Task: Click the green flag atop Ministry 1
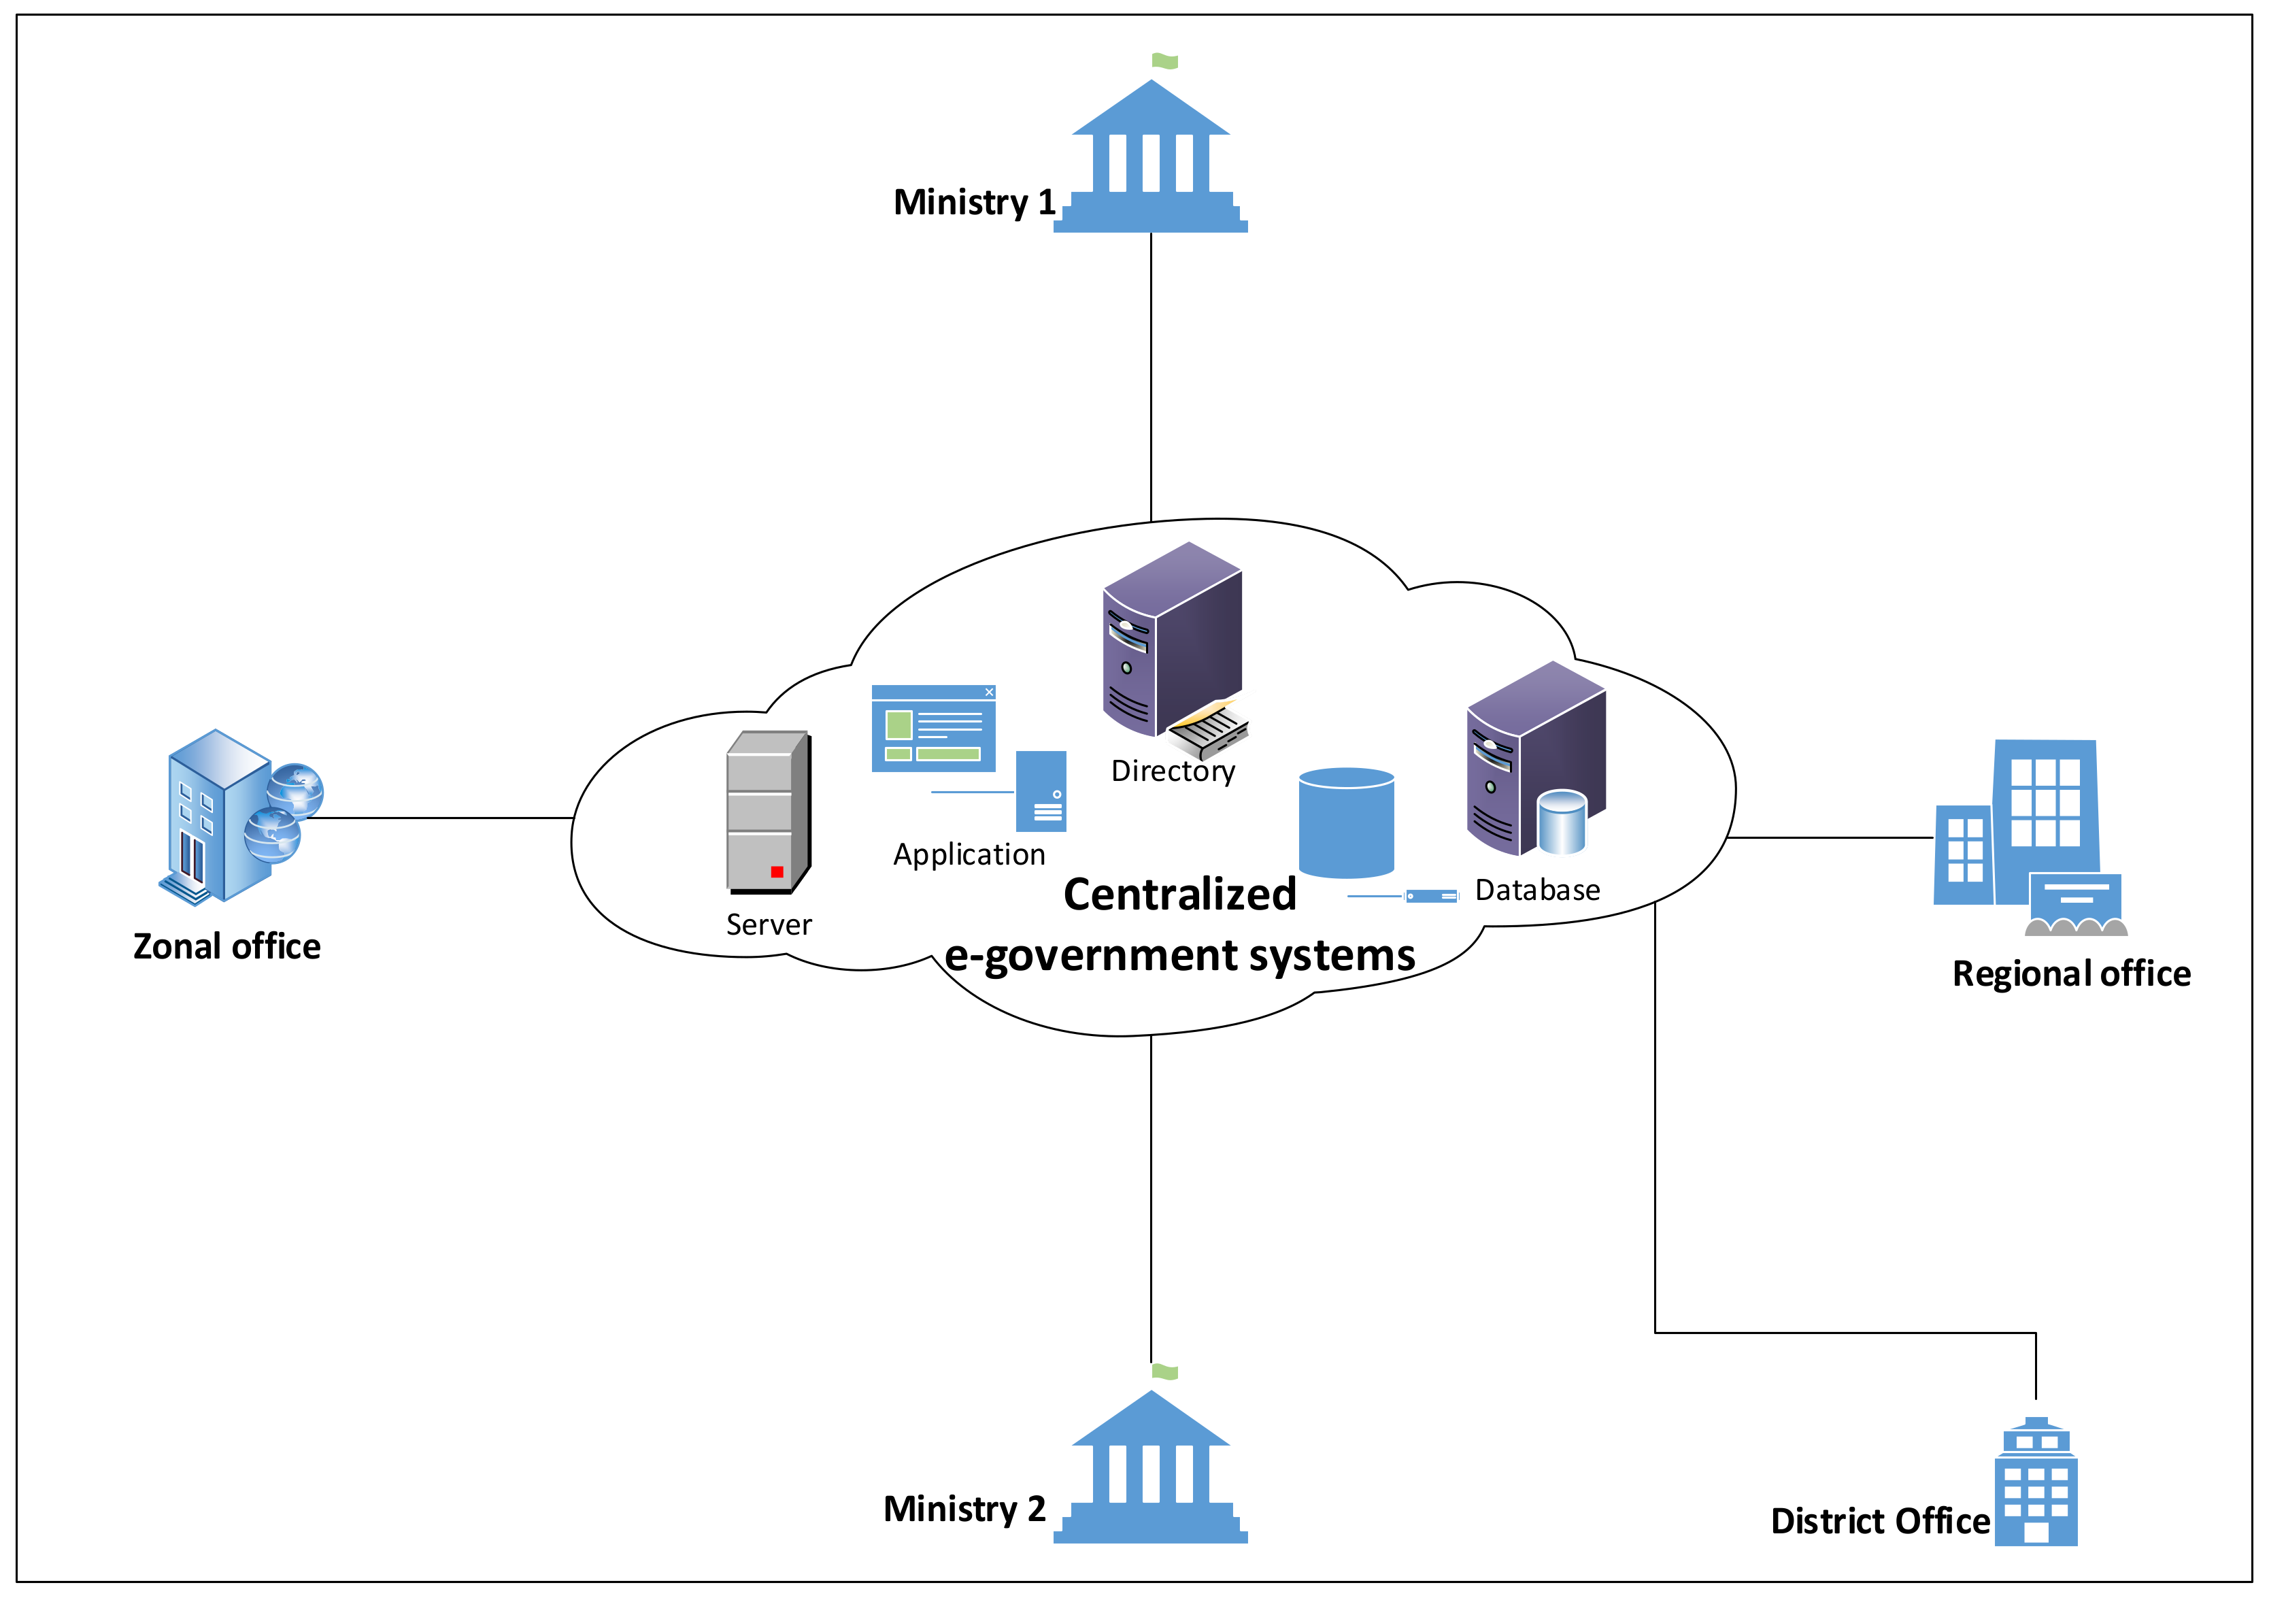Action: click(x=1165, y=61)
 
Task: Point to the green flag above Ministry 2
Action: click(x=1165, y=1371)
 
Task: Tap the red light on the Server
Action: click(x=777, y=871)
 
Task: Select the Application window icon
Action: click(x=933, y=729)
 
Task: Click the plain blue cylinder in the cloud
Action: click(x=1346, y=822)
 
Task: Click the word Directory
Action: click(x=1173, y=771)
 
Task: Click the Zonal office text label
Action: click(x=226, y=947)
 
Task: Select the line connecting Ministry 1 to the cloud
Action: click(x=1152, y=376)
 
